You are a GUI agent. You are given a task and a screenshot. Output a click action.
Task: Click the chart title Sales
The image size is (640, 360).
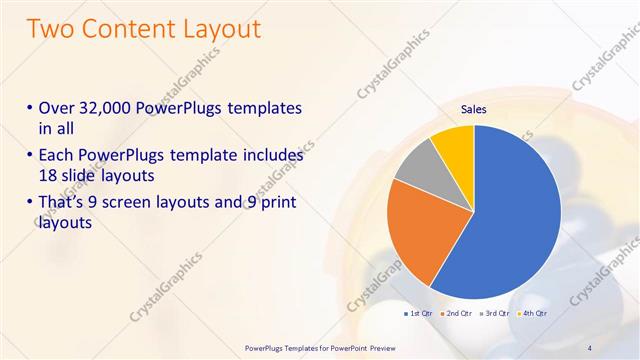click(x=474, y=111)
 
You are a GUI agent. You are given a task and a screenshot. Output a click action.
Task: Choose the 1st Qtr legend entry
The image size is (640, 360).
click(x=417, y=314)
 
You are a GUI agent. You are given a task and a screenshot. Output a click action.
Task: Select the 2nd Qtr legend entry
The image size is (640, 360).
click(x=456, y=314)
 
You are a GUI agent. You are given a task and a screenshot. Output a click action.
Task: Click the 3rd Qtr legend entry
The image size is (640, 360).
click(x=495, y=314)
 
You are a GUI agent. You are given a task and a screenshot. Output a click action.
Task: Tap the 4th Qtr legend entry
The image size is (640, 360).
click(x=532, y=314)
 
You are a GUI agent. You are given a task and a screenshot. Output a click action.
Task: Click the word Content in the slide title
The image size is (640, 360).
click(x=127, y=30)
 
